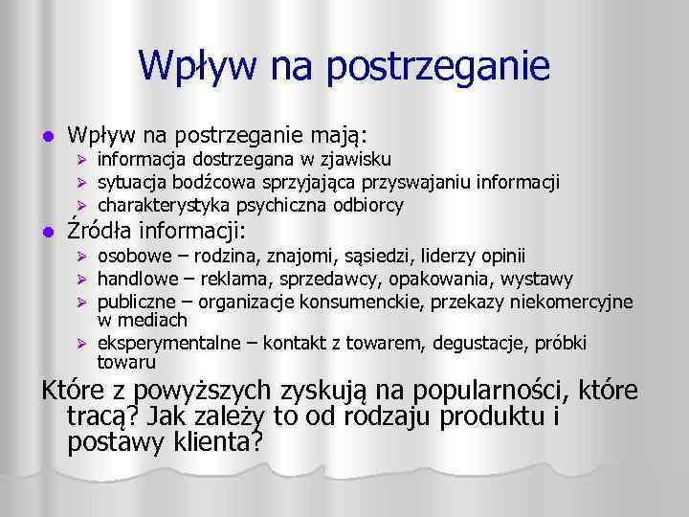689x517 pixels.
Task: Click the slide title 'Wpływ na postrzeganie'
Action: pos(344,66)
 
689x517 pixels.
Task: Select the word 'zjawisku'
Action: pos(356,158)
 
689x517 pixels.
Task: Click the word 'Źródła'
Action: pos(100,231)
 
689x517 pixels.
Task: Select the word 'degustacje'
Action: pos(485,343)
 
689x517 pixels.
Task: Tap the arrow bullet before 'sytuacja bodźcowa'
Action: pos(82,182)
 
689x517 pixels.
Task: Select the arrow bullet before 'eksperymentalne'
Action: pos(82,343)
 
